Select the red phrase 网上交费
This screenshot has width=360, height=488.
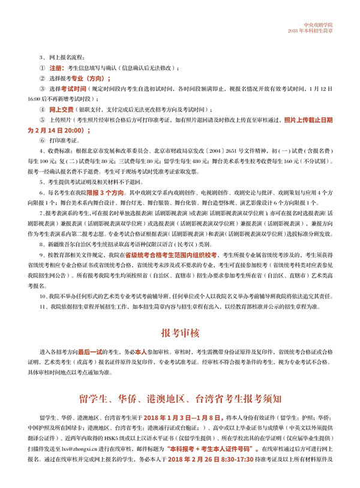(62, 110)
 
